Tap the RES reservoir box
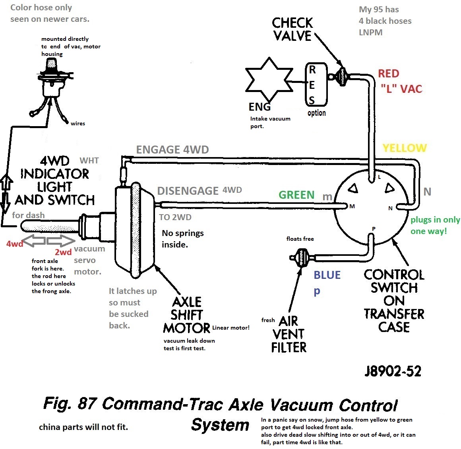316,84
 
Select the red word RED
388,74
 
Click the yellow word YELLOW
404,148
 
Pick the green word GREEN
296,195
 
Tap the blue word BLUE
327,275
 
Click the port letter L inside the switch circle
379,177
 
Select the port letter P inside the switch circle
373,229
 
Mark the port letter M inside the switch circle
352,206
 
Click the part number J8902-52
393,371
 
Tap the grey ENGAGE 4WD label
172,150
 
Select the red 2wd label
63,252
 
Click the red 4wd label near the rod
14,244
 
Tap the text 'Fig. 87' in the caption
70,403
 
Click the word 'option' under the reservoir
316,113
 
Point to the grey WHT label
89,161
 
